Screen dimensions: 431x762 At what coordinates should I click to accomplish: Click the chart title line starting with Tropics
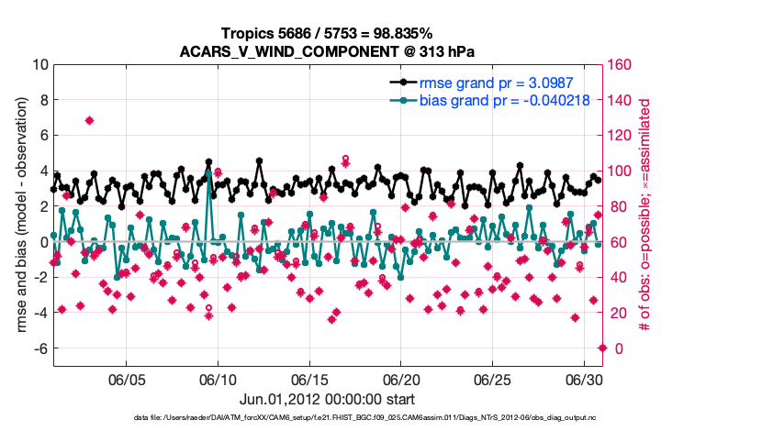(x=327, y=33)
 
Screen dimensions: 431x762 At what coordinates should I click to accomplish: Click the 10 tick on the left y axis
(x=39, y=65)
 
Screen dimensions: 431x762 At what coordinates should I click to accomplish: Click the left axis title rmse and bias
(x=20, y=215)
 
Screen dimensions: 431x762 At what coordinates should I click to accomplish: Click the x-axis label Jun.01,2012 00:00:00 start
(x=327, y=399)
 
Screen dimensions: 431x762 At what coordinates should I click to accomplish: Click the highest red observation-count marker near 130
(x=89, y=120)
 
